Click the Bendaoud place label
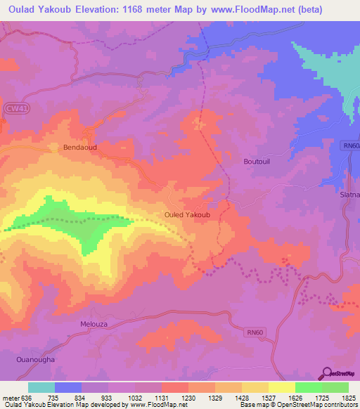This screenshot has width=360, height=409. tap(79, 148)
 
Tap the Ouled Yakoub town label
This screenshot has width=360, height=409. tap(187, 214)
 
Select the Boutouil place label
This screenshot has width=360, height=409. tap(257, 162)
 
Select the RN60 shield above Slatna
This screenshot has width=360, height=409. tap(352, 145)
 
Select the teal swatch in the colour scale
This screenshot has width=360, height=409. tap(41, 387)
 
